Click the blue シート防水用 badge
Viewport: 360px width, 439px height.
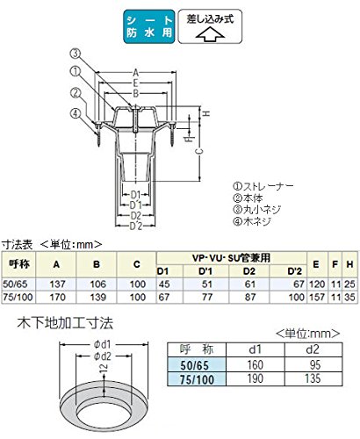tap(149, 26)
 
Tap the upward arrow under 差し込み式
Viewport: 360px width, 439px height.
tap(210, 33)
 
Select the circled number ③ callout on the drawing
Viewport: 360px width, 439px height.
tap(76, 54)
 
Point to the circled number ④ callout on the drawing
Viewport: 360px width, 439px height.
tap(76, 113)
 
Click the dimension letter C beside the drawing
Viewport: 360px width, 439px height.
tap(199, 151)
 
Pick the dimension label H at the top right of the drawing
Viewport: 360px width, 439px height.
tap(206, 113)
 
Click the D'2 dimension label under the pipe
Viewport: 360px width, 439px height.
tap(136, 226)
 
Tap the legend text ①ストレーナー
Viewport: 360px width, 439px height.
tap(263, 186)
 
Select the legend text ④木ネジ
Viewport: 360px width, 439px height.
tap(252, 221)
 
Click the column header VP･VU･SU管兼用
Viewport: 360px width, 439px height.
tap(231, 258)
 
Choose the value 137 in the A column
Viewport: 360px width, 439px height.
tap(57, 284)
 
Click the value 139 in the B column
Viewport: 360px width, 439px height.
tap(97, 297)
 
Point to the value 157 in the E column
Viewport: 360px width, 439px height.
tap(317, 297)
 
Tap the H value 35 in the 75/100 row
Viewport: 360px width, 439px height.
tap(349, 297)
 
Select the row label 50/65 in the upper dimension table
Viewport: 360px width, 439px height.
tap(13, 284)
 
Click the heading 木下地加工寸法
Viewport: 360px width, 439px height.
tap(65, 323)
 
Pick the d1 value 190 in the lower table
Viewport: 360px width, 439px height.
tap(256, 378)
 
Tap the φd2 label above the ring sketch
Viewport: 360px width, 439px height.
tap(103, 356)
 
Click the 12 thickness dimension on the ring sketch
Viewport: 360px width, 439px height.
tap(103, 368)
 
